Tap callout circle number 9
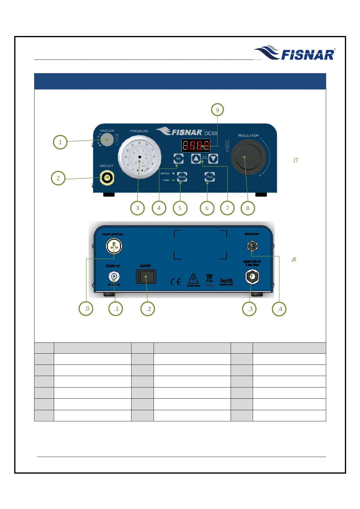pyautogui.click(x=217, y=110)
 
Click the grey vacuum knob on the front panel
pyautogui.click(x=107, y=140)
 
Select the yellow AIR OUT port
pyautogui.click(x=107, y=178)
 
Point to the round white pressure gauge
pyautogui.click(x=139, y=157)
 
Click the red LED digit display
pyautogui.click(x=196, y=146)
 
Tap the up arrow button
pyautogui.click(x=196, y=158)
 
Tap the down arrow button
pyautogui.click(x=213, y=158)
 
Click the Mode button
pyautogui.click(x=182, y=177)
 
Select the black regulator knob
pyautogui.click(x=248, y=157)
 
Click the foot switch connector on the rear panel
pyautogui.click(x=114, y=246)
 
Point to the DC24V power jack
pyautogui.click(x=114, y=277)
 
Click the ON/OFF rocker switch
pyautogui.click(x=146, y=277)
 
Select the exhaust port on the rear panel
pyautogui.click(x=252, y=246)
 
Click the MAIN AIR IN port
pyautogui.click(x=252, y=276)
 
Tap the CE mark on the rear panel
pyautogui.click(x=176, y=282)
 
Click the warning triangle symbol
pyautogui.click(x=193, y=279)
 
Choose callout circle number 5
pyautogui.click(x=180, y=208)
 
